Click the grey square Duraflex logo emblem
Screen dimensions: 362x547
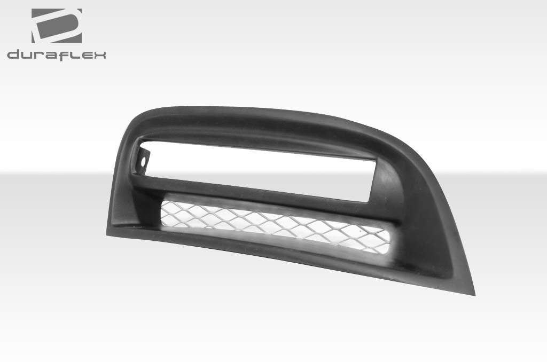click(x=56, y=26)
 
